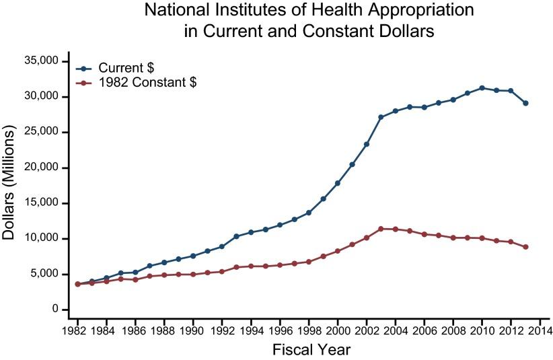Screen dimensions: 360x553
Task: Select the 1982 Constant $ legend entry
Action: (147, 83)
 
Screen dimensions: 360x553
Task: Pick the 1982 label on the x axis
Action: (77, 331)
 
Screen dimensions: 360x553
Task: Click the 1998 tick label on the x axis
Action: (309, 331)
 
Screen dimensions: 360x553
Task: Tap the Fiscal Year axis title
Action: (311, 350)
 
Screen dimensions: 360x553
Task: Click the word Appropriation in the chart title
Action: (419, 11)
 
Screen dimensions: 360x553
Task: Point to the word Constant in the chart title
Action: (330, 31)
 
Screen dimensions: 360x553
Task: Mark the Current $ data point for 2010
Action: (482, 87)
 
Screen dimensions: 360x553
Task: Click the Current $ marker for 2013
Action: (525, 103)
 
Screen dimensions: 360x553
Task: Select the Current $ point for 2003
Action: (381, 117)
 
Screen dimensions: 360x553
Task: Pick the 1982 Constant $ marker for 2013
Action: (525, 247)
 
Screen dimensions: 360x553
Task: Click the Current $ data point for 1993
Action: (236, 236)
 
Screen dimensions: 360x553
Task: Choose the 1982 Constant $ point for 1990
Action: (193, 274)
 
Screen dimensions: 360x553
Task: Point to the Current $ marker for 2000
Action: (338, 183)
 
